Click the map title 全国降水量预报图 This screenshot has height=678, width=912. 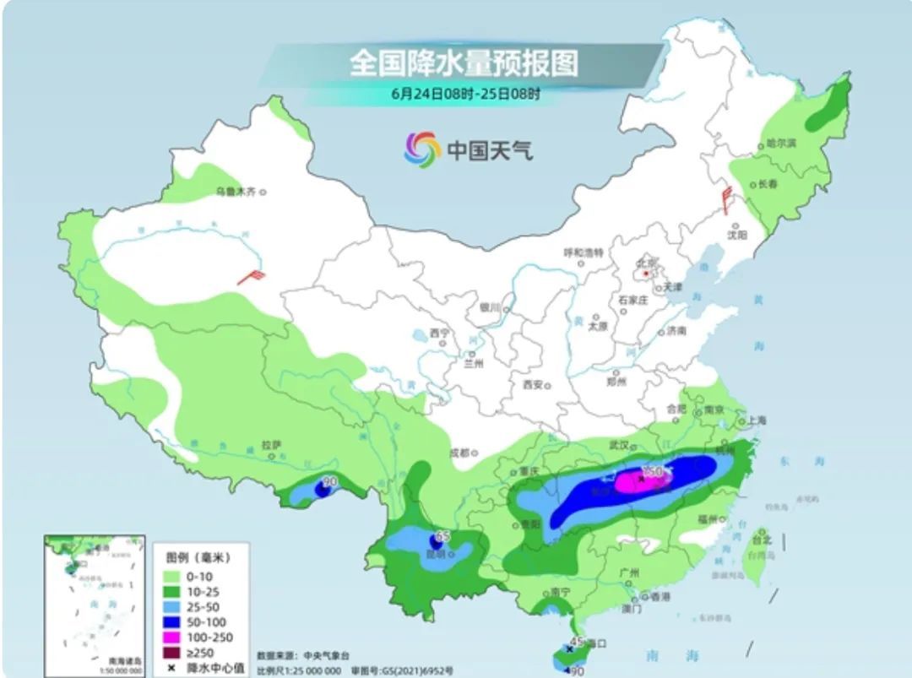(464, 63)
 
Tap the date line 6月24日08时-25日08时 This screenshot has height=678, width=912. (465, 94)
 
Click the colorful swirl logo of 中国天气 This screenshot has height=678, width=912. (422, 149)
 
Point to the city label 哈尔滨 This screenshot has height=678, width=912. (780, 144)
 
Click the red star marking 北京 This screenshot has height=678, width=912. (646, 274)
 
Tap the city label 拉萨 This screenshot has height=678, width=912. (270, 444)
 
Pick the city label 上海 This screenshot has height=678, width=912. (756, 420)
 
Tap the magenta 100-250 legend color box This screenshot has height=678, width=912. (170, 637)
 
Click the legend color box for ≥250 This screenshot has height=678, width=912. (170, 653)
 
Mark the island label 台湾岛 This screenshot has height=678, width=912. (762, 556)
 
